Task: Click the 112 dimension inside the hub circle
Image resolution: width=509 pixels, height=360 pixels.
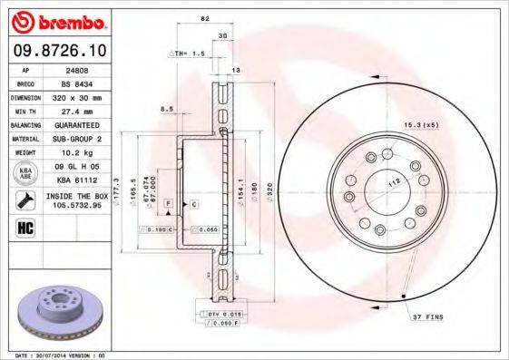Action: pyautogui.click(x=394, y=181)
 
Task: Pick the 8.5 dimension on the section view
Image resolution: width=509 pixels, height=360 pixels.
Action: pyautogui.click(x=166, y=109)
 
